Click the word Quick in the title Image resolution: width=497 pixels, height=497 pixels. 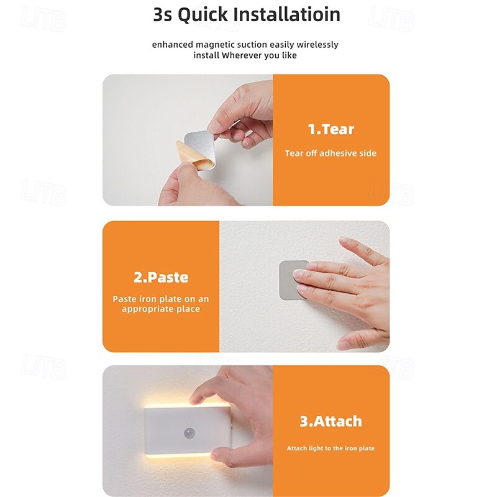203,15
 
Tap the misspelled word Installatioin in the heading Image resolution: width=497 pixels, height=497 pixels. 286,14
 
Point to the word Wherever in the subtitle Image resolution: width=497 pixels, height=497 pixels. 242,55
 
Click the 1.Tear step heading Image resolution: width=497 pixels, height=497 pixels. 331,129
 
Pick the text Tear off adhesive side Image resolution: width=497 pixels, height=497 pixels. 331,153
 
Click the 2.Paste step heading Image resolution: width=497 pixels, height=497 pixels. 161,277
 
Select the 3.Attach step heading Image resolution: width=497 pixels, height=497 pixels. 331,421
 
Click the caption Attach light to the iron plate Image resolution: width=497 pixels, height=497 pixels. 331,448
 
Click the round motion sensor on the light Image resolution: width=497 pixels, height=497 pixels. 189,433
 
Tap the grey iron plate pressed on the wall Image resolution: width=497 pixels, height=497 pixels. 289,280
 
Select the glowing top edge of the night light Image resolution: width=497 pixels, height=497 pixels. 187,406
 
